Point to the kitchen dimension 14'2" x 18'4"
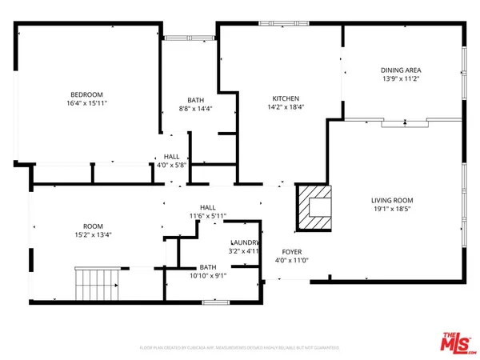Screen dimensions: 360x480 286,106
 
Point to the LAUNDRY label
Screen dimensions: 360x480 245,242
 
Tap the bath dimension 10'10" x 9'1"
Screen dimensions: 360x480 208,276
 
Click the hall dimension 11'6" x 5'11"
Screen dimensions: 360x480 208,216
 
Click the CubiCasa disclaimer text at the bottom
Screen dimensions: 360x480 239,348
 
